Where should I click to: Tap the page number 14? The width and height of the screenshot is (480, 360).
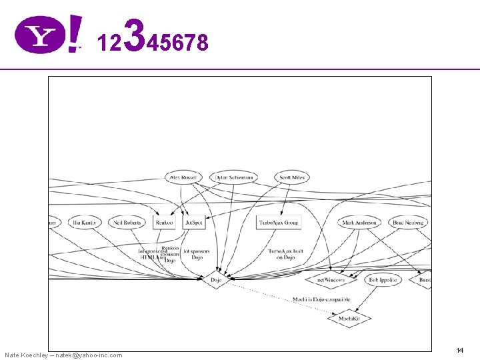pyautogui.click(x=460, y=350)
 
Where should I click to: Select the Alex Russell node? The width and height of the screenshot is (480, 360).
pyautogui.click(x=183, y=178)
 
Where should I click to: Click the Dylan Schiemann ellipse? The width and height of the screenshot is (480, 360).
pyautogui.click(x=232, y=178)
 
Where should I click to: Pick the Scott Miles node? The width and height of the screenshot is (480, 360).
pyautogui.click(x=291, y=178)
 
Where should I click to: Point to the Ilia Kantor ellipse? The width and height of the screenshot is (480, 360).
pyautogui.click(x=85, y=222)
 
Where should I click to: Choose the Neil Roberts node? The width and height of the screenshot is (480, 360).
pyautogui.click(x=127, y=222)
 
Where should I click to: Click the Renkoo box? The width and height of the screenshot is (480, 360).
pyautogui.click(x=164, y=222)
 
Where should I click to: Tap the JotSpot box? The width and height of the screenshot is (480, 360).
pyautogui.click(x=193, y=222)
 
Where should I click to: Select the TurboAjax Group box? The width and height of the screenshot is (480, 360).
pyautogui.click(x=279, y=222)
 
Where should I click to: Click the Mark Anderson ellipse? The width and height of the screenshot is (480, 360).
pyautogui.click(x=359, y=222)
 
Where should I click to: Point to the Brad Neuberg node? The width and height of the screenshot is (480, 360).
pyautogui.click(x=408, y=222)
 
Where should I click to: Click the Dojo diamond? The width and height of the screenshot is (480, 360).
pyautogui.click(x=216, y=280)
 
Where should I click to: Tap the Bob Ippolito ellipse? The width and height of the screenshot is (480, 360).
pyautogui.click(x=383, y=280)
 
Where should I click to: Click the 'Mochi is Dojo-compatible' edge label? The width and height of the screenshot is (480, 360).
pyautogui.click(x=321, y=299)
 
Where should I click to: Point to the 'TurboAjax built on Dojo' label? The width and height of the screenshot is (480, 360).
pyautogui.click(x=286, y=254)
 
